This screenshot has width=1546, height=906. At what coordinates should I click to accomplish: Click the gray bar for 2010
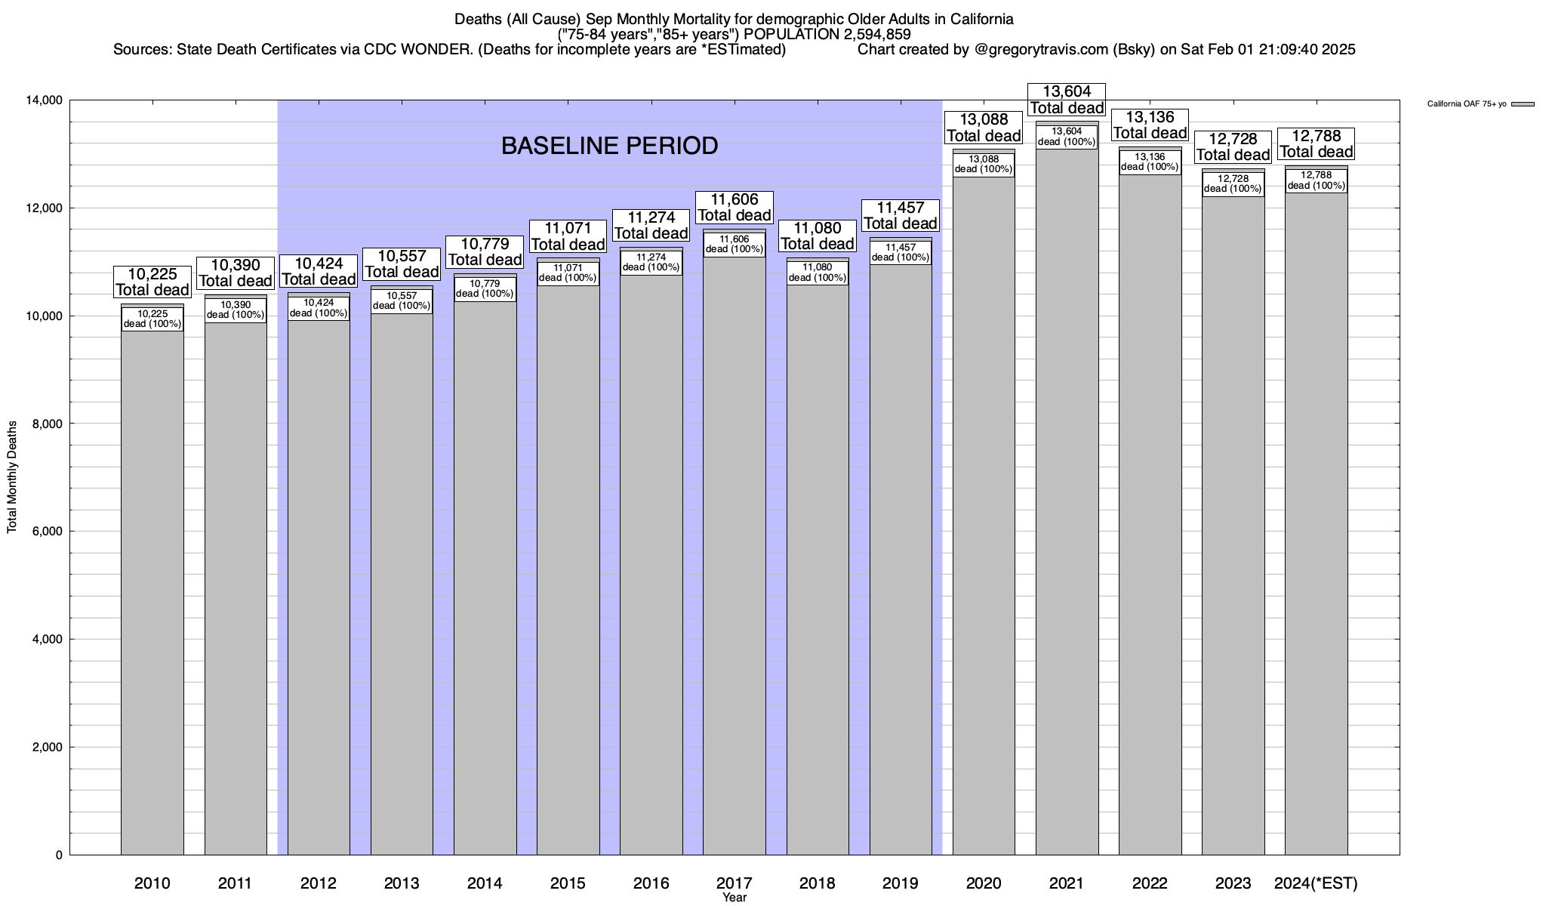(152, 589)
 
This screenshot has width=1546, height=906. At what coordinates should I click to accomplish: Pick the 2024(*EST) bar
(1316, 528)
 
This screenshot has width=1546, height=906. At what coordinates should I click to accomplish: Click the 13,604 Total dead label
(1067, 100)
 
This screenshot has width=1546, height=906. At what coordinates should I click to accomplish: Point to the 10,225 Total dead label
(152, 282)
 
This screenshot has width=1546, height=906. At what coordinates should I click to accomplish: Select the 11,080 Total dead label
(818, 236)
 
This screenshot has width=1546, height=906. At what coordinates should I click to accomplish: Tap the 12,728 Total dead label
(1233, 147)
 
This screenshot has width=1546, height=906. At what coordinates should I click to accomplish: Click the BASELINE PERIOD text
(609, 146)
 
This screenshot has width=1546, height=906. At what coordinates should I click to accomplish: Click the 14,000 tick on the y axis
(45, 100)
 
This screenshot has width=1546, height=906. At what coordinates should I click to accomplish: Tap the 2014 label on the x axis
(485, 883)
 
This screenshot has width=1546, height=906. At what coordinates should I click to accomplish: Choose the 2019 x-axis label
(901, 883)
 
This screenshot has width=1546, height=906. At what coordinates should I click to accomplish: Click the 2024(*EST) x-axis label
(1316, 883)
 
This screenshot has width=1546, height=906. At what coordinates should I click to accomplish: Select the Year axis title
(735, 898)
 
